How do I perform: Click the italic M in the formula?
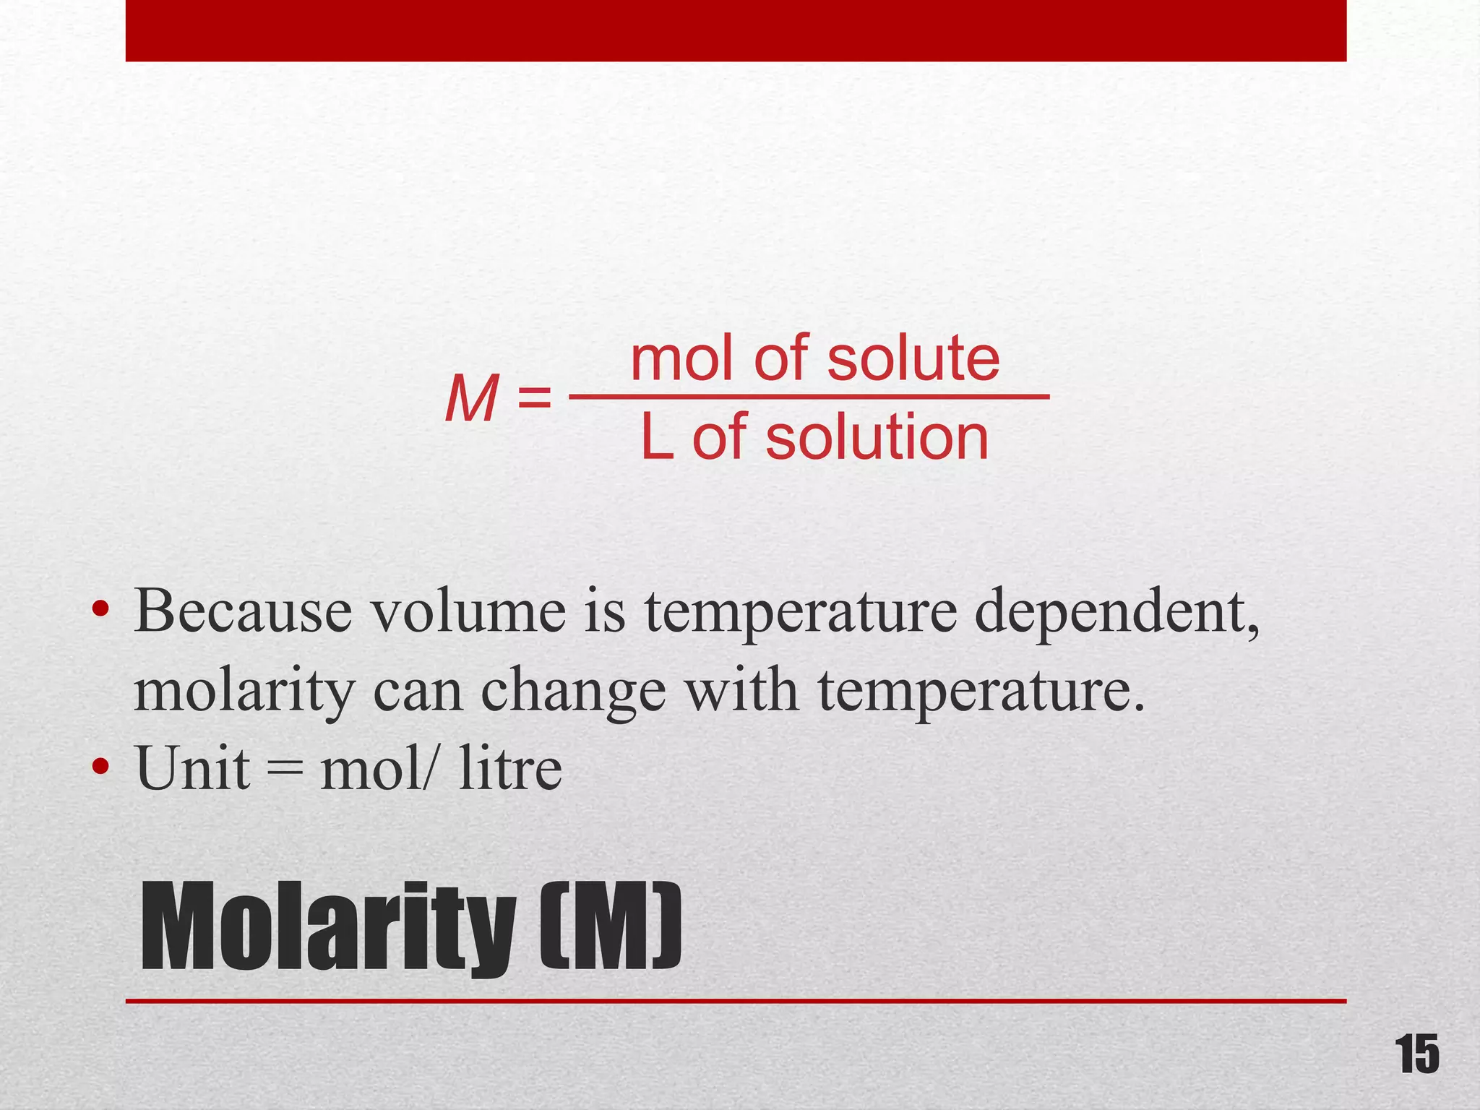pos(471,398)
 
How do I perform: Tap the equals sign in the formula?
pos(535,398)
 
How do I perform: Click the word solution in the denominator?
pos(877,438)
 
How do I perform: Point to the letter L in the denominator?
pos(657,438)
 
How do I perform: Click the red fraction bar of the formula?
pos(809,397)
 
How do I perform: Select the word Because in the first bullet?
pos(244,612)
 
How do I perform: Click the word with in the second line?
pos(742,690)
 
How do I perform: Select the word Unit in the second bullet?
pos(192,768)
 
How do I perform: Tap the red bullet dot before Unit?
pos(100,767)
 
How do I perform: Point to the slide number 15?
pos(1416,1056)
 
